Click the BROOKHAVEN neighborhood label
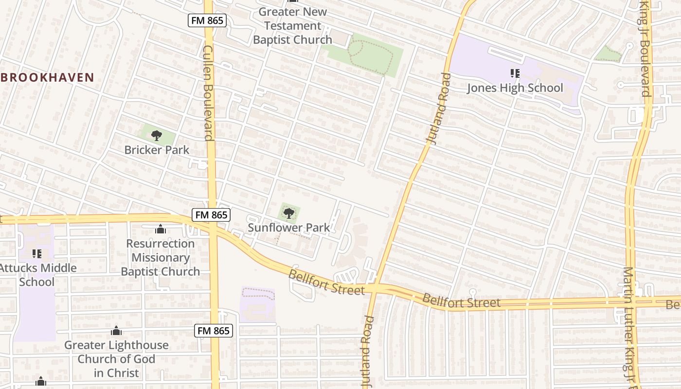(x=47, y=77)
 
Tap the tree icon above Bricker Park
(x=156, y=135)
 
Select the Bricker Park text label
(x=157, y=150)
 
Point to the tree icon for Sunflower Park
(x=289, y=213)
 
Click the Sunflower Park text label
(x=289, y=228)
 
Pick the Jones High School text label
(x=515, y=88)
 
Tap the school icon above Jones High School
(x=515, y=73)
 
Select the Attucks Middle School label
(x=37, y=275)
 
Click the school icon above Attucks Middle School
(x=37, y=253)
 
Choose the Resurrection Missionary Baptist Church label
(x=161, y=258)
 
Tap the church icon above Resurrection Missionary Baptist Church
(x=161, y=229)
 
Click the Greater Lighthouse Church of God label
(x=117, y=359)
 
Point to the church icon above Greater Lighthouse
(x=116, y=331)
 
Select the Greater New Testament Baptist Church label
(x=292, y=26)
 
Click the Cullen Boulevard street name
(x=209, y=92)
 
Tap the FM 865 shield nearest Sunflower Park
(x=211, y=214)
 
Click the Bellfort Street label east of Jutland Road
(x=461, y=301)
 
